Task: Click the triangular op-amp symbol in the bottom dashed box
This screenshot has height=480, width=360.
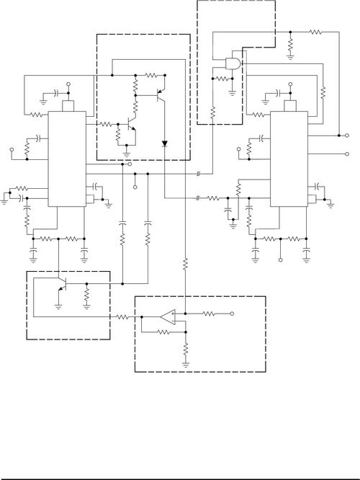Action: [x=167, y=316]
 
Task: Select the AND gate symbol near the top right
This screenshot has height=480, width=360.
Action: [x=233, y=65]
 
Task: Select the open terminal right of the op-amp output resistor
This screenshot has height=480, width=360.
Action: [x=232, y=314]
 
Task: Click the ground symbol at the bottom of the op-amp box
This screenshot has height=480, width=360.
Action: [x=186, y=364]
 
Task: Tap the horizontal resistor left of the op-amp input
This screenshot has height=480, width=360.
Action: [x=124, y=316]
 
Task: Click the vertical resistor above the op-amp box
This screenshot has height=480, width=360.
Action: [x=186, y=265]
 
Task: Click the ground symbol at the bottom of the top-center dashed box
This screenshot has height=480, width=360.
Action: [x=127, y=153]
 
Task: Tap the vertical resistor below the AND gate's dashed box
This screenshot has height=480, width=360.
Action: [x=213, y=114]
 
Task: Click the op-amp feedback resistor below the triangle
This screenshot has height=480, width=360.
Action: [x=162, y=332]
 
